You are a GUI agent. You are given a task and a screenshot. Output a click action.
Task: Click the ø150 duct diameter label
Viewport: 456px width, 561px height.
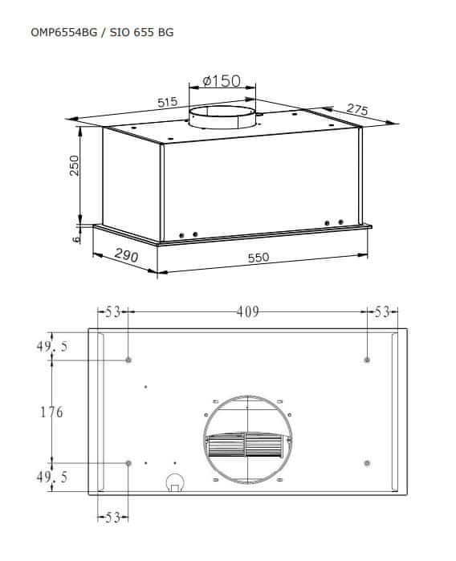222,81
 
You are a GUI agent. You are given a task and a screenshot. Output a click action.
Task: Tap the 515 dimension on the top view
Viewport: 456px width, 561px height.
168,102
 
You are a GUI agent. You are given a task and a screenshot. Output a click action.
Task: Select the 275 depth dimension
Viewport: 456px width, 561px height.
357,109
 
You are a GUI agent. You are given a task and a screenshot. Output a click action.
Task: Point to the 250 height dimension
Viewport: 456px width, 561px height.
74,165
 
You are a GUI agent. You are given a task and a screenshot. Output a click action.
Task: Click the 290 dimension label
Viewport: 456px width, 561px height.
126,255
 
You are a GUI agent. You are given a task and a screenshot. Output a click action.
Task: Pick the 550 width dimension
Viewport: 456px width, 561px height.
259,258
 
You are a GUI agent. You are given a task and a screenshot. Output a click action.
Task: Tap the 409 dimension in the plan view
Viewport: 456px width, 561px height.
247,312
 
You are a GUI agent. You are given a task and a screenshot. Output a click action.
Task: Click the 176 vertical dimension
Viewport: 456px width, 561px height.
51,413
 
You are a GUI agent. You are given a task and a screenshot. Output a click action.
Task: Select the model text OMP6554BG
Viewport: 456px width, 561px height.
63,32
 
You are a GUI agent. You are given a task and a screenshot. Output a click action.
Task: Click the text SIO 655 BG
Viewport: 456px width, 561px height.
142,32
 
